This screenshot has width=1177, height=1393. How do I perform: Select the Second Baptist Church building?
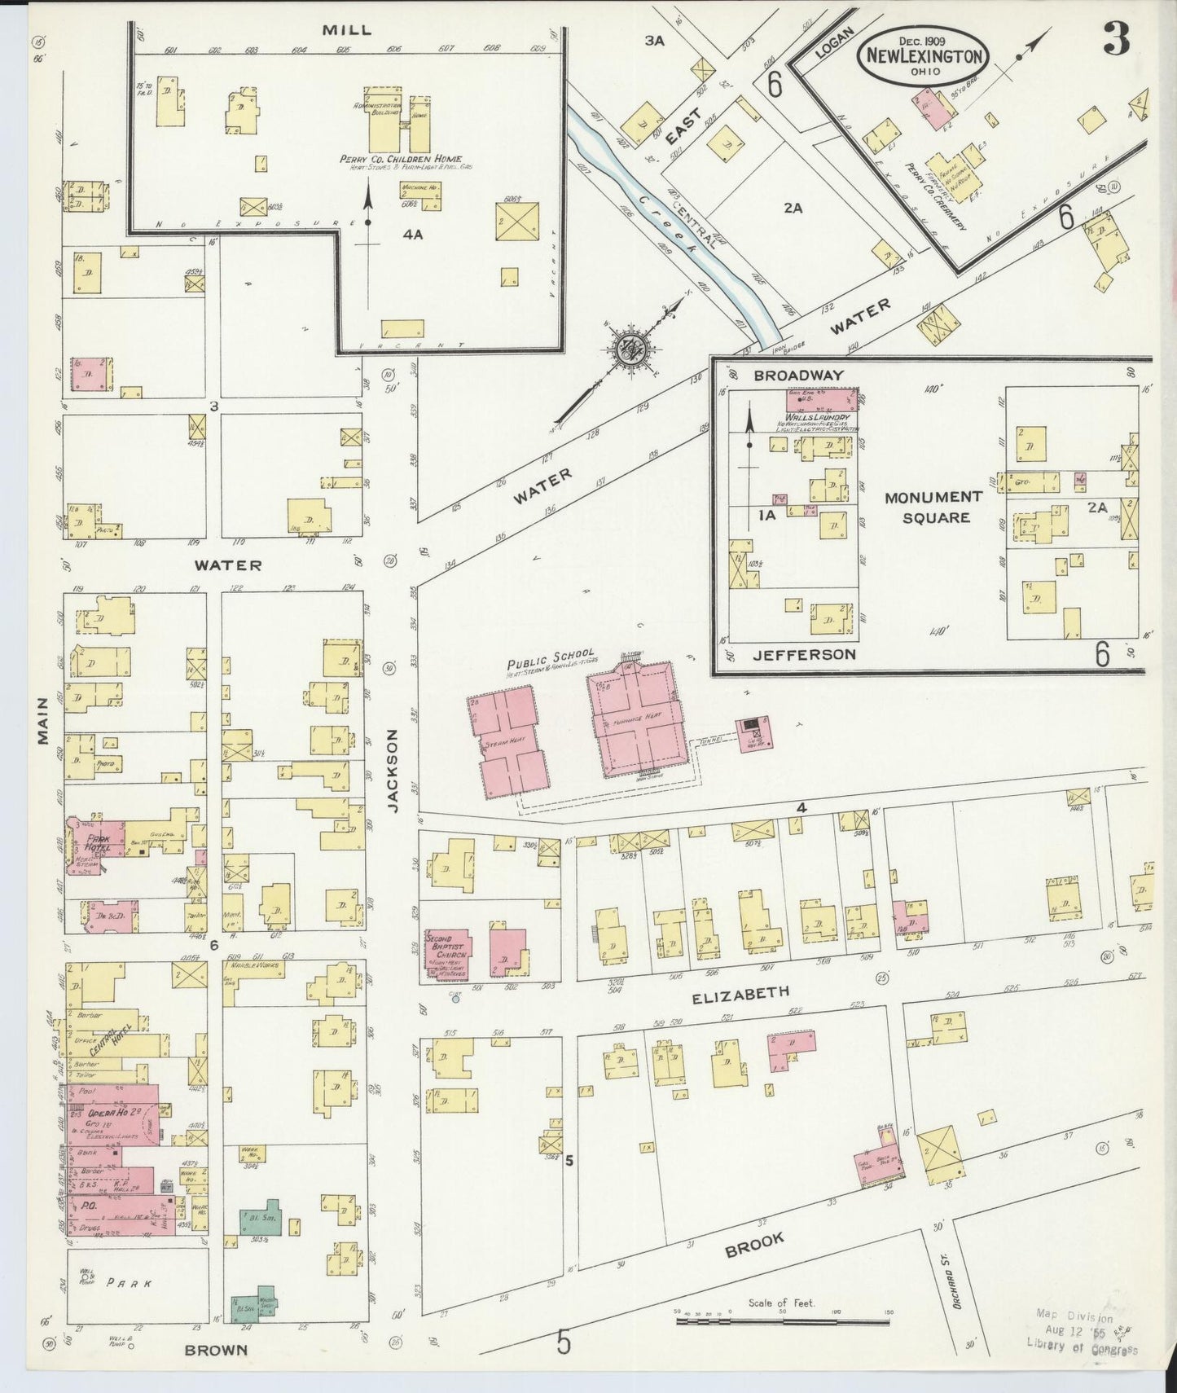(x=448, y=951)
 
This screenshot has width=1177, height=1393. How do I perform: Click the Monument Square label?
(x=933, y=507)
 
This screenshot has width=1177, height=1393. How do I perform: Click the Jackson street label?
(x=393, y=771)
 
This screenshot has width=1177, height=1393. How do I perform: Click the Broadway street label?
(x=787, y=375)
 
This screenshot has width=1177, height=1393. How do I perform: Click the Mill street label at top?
(x=346, y=29)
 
